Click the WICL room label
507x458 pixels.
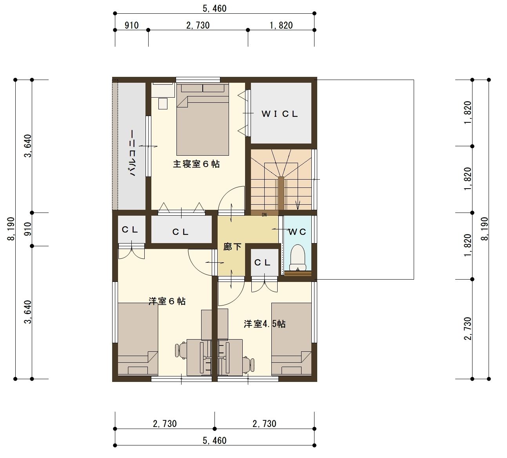coord(280,114)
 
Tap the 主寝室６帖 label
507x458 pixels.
coord(196,164)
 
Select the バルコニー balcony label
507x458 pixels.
coord(133,153)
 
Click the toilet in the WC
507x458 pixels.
coord(298,257)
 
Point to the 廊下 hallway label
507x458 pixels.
coord(232,247)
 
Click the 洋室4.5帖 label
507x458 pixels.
coord(265,324)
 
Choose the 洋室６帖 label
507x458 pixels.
coord(167,301)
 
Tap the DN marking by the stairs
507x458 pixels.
coord(264,215)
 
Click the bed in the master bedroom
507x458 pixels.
coord(203,120)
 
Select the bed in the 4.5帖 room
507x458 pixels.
coord(291,339)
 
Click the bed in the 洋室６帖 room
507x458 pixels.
coord(138,339)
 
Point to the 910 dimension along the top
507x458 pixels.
coord(132,25)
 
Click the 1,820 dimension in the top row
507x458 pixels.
coord(281,25)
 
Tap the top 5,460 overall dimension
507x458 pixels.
coord(214,8)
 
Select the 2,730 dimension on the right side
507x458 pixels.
coord(468,329)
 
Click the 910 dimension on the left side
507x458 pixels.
coord(28,229)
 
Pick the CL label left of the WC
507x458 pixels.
coord(262,263)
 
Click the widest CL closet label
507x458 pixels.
coord(180,232)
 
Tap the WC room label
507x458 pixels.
coord(297,232)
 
